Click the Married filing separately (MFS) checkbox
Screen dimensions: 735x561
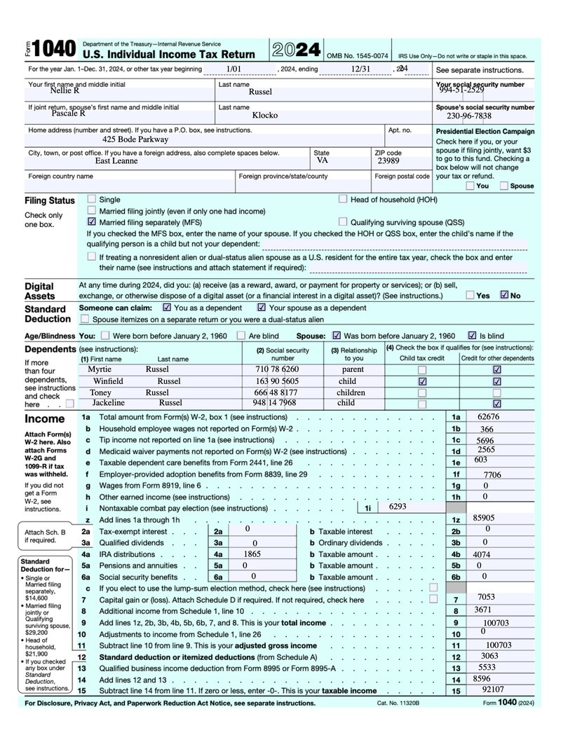[92, 221]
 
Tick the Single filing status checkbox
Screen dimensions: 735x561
[92, 199]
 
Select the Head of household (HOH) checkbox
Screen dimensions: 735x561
[343, 199]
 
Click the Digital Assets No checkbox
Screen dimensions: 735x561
[504, 295]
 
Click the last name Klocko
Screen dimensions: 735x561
[265, 114]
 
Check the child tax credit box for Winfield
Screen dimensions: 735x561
[421, 381]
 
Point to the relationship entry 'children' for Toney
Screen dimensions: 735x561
[351, 392]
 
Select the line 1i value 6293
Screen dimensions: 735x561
[397, 506]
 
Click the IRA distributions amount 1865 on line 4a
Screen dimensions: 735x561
[252, 554]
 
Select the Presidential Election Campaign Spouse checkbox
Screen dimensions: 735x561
[504, 186]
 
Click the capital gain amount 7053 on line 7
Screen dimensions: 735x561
[486, 597]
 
